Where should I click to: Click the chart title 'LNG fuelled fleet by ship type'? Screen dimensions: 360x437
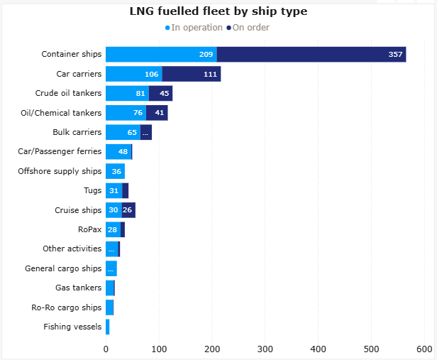click(218, 11)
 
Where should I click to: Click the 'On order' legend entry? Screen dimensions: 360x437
click(248, 28)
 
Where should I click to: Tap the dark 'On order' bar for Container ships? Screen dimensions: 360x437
click(311, 55)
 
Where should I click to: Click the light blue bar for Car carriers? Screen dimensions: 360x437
click(133, 74)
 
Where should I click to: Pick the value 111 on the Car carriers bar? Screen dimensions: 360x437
click(209, 74)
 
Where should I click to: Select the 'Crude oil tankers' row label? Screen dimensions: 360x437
click(68, 93)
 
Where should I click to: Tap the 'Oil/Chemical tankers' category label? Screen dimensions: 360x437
click(62, 112)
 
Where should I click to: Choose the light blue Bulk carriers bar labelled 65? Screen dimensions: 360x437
click(123, 132)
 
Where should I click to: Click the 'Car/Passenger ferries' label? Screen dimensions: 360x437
click(60, 151)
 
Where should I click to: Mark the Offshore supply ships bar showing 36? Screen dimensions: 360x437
click(115, 170)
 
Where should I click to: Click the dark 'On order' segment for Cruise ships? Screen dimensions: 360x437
click(128, 210)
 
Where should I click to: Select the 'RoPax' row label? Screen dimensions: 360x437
click(89, 229)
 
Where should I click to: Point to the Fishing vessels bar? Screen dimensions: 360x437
click(108, 327)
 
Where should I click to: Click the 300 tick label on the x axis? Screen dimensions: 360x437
click(265, 349)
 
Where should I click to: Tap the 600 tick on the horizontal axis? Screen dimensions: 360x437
click(424, 349)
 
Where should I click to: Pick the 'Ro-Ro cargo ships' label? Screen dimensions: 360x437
click(67, 307)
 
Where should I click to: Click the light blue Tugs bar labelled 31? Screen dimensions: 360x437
click(114, 190)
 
